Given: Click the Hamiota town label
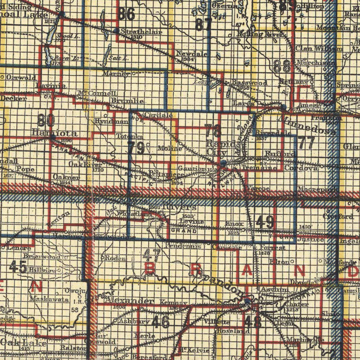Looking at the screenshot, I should coord(51,133).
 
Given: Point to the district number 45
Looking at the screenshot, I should coord(18,267).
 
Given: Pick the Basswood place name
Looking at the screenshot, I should coord(250,83).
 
